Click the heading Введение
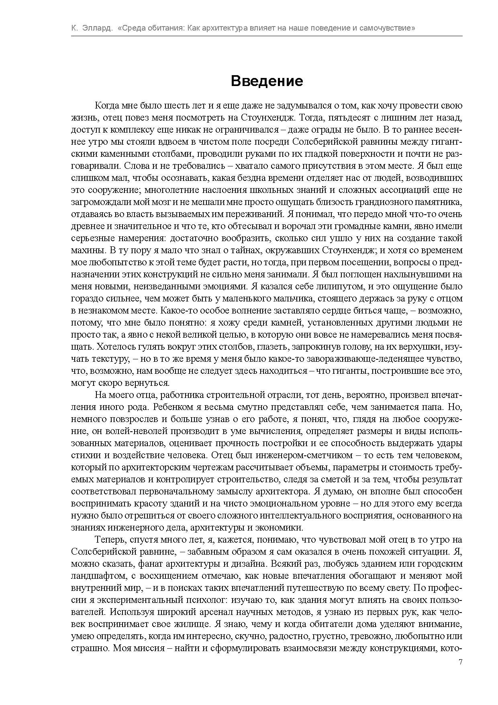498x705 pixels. [x=267, y=81]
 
